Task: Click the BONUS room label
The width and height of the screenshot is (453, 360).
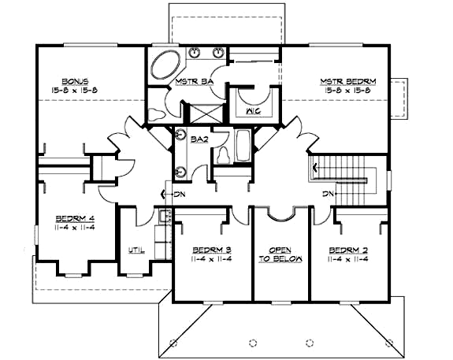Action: pyautogui.click(x=76, y=80)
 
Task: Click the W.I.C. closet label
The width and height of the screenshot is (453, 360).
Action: pyautogui.click(x=253, y=111)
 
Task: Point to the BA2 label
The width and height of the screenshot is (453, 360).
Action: pyautogui.click(x=199, y=139)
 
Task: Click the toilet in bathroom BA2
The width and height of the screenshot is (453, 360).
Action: pyautogui.click(x=224, y=153)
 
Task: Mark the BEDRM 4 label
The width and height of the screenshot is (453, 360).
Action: pyautogui.click(x=76, y=219)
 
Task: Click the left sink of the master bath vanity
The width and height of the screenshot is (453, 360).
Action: pyautogui.click(x=196, y=54)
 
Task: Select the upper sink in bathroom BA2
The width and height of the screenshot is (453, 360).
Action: pyautogui.click(x=181, y=135)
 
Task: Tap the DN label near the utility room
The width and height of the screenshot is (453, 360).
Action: pyautogui.click(x=168, y=194)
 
